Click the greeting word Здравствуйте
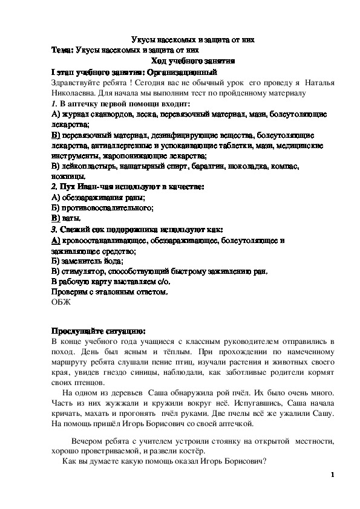(x=76, y=82)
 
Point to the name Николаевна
(x=74, y=93)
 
